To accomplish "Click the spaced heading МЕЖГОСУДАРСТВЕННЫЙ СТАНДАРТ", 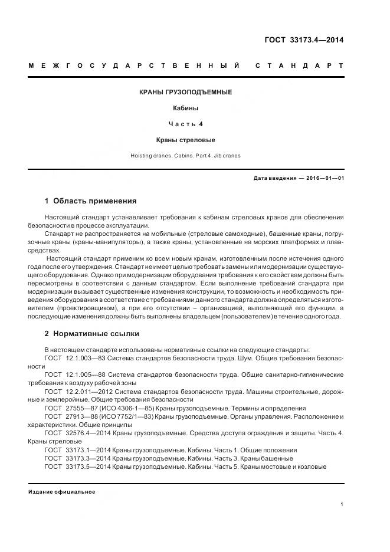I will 186,65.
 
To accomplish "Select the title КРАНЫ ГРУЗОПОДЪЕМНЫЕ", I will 185,93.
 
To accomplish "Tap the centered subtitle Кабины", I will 185,109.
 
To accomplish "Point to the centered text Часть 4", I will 185,124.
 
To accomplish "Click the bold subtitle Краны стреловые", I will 185,140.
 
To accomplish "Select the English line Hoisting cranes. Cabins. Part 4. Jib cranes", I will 185,156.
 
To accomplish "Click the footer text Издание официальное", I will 61,492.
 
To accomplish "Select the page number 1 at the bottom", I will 342,504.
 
